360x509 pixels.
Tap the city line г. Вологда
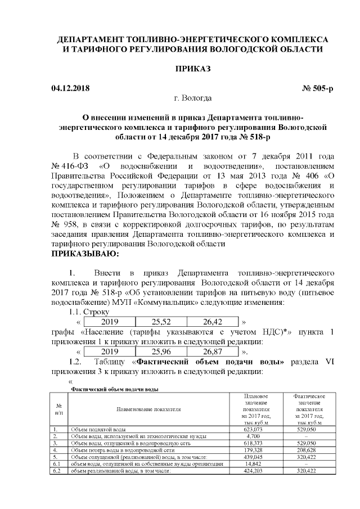(x=193, y=98)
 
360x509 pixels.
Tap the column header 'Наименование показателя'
(x=149, y=409)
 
